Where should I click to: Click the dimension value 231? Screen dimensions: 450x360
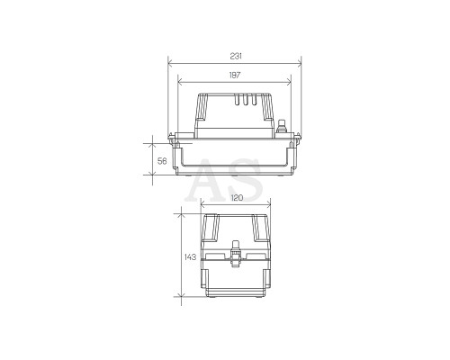236,56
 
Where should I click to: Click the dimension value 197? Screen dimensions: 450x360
235,75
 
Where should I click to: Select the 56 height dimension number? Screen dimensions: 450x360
162,161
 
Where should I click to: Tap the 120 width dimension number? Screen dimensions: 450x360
237,198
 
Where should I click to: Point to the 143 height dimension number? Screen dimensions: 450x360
190,257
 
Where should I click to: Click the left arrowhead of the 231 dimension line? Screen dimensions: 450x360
170,63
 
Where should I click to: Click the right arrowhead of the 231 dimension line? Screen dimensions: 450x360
299,63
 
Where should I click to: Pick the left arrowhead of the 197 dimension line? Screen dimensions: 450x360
180,82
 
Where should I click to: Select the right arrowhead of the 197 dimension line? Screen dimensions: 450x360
289,82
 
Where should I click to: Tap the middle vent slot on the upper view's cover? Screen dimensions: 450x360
245,100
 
